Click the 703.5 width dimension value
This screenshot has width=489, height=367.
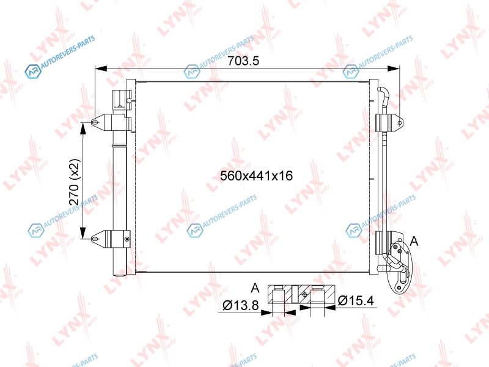tap(243, 61)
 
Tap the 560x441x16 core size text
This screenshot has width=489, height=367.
tap(256, 176)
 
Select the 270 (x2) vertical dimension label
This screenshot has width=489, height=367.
tap(75, 182)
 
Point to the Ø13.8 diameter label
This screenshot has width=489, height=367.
tap(241, 305)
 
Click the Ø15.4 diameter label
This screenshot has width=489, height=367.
tap(356, 300)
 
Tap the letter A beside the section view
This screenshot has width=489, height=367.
tap(255, 287)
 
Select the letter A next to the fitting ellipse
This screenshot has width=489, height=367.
tap(414, 241)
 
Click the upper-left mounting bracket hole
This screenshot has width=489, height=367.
tap(95, 122)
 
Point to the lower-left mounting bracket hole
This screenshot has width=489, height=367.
tap(95, 239)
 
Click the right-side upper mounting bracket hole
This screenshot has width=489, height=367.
tap(400, 123)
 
